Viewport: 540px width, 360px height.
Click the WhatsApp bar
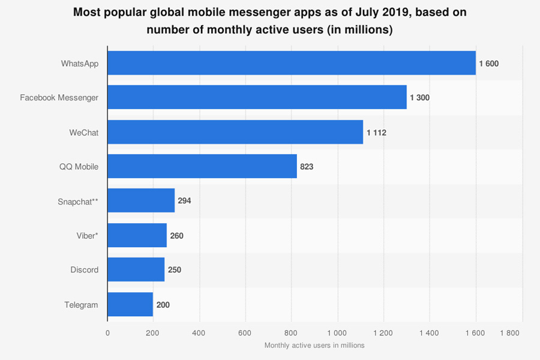(x=292, y=63)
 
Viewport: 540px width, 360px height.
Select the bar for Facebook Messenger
(x=257, y=97)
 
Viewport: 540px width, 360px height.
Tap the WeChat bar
(x=235, y=132)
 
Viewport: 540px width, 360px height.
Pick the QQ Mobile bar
(x=202, y=166)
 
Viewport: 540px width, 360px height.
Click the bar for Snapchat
(x=142, y=200)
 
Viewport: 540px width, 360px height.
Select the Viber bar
(x=137, y=235)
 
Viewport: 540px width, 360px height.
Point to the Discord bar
(x=136, y=269)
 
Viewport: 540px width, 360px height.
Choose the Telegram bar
(x=131, y=304)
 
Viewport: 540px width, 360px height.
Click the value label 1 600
(x=488, y=64)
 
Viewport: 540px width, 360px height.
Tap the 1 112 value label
(x=376, y=133)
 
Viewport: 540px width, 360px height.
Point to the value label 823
(x=307, y=167)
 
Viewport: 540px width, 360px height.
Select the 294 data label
(x=184, y=201)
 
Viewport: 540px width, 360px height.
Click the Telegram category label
(x=81, y=305)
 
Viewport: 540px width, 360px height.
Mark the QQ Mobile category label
(x=79, y=167)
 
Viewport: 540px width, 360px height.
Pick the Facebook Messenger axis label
(x=59, y=98)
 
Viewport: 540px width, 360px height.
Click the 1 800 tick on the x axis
(x=509, y=332)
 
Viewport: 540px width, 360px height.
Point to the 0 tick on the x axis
(x=108, y=332)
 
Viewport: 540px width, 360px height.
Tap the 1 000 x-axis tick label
(x=337, y=332)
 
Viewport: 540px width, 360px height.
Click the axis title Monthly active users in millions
(x=314, y=345)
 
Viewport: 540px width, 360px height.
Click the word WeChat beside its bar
(x=84, y=133)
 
